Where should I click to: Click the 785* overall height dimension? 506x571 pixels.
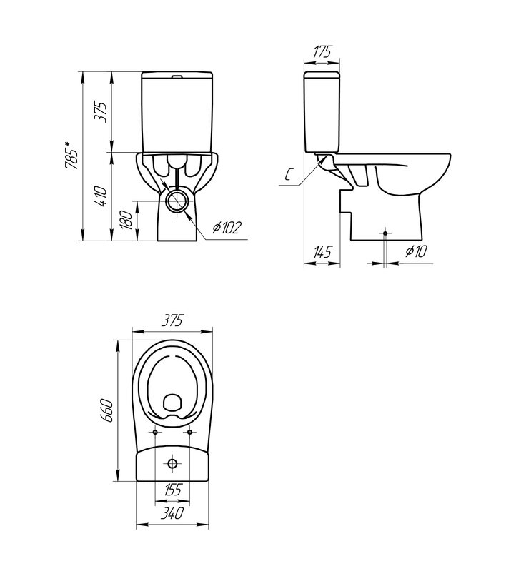[x=71, y=155]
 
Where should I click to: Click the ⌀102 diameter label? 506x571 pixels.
[x=227, y=228]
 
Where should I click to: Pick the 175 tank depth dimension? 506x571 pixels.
[x=322, y=51]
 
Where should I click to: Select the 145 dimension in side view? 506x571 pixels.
[x=322, y=252]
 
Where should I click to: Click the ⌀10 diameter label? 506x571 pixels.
[x=416, y=251]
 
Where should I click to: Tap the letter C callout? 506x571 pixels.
[x=288, y=176]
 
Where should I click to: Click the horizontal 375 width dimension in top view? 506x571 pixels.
[x=172, y=320]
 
